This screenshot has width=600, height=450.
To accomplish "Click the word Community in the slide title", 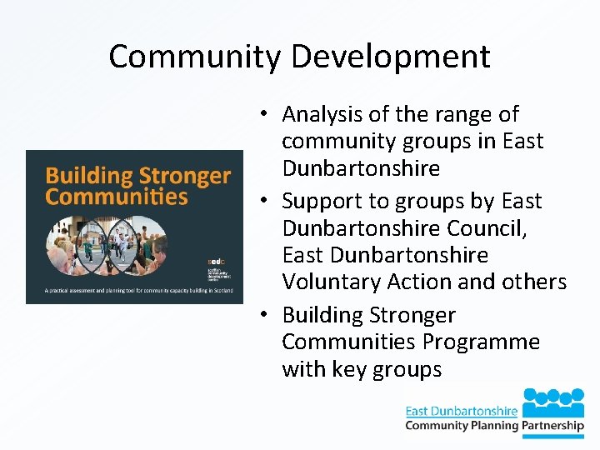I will [x=191, y=57].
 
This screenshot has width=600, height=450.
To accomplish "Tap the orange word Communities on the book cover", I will [x=117, y=197].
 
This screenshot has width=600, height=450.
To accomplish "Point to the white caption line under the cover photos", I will [x=134, y=291].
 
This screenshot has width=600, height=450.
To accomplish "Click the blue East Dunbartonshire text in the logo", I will [x=461, y=411].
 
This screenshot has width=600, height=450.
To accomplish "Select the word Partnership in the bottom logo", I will [x=554, y=426].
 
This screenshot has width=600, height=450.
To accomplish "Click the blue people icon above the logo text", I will [x=554, y=399].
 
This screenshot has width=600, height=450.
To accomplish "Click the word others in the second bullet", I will [x=532, y=282].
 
